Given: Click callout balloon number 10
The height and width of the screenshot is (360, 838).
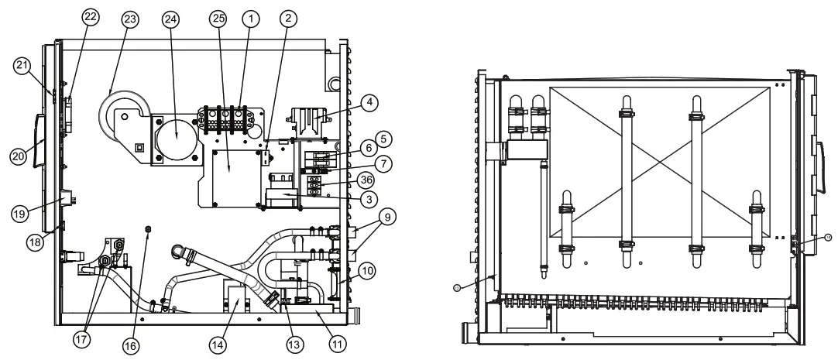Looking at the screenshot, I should (x=366, y=270).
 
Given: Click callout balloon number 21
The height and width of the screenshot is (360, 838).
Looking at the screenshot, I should (x=22, y=66).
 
